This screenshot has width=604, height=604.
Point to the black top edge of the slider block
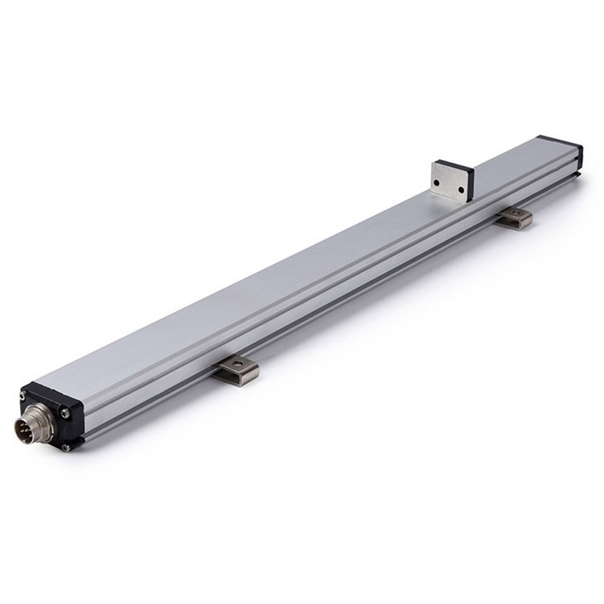(453, 165)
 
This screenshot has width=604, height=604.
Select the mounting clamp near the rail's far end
(515, 218)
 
